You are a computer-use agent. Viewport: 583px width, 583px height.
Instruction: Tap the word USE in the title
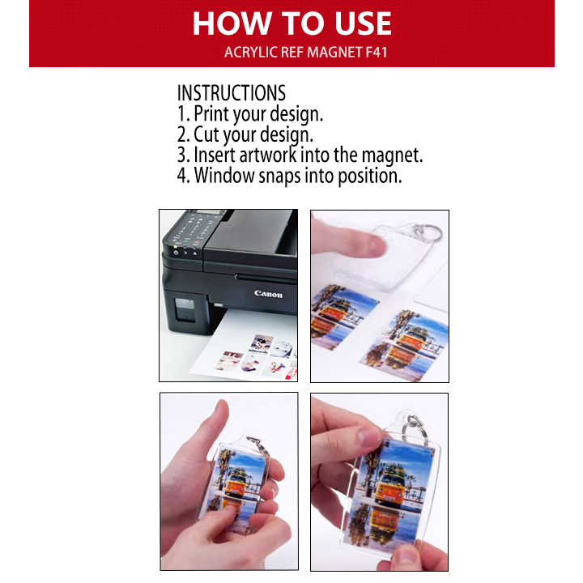[363, 23]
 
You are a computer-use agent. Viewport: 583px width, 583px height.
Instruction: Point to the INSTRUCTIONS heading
[232, 93]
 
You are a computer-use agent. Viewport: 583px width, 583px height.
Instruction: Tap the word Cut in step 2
[206, 134]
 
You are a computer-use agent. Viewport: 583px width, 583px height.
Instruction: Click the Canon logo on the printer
[268, 294]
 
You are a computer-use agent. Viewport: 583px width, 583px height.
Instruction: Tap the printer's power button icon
[176, 253]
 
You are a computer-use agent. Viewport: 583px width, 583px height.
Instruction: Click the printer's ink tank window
[185, 309]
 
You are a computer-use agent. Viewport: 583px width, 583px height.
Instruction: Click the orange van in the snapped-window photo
[389, 487]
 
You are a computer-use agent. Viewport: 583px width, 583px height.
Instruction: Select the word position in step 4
[369, 177]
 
